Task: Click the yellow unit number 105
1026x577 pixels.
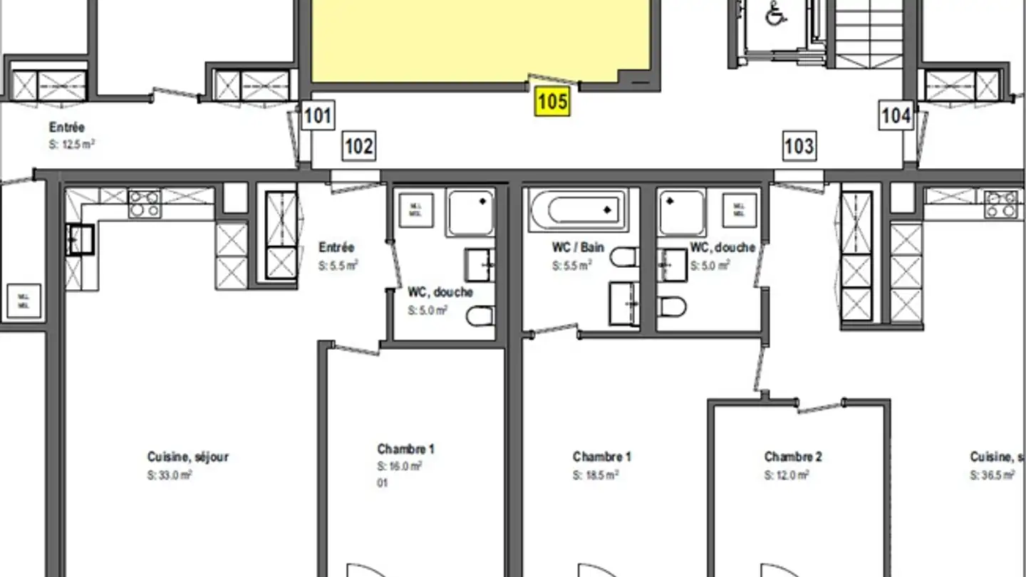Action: click(553, 102)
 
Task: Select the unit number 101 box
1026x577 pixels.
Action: click(317, 115)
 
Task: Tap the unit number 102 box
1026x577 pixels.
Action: click(358, 147)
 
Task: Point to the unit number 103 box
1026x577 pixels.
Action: click(799, 146)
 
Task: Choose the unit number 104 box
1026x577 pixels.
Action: click(896, 115)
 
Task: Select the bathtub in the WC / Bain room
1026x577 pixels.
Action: click(578, 210)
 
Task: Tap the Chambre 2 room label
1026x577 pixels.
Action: click(793, 457)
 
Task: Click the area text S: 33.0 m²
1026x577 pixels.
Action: click(170, 475)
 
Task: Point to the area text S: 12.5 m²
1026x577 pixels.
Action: click(72, 144)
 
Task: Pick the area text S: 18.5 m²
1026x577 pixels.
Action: click(595, 475)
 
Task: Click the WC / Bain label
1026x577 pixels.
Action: click(578, 248)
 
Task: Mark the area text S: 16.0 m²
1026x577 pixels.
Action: click(400, 467)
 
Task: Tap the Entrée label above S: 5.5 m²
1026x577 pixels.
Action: click(336, 248)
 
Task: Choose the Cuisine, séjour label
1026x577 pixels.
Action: click(188, 457)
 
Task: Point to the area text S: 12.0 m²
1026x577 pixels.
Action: click(787, 475)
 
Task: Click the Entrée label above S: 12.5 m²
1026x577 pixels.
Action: click(67, 128)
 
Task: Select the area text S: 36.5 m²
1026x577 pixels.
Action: click(992, 475)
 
